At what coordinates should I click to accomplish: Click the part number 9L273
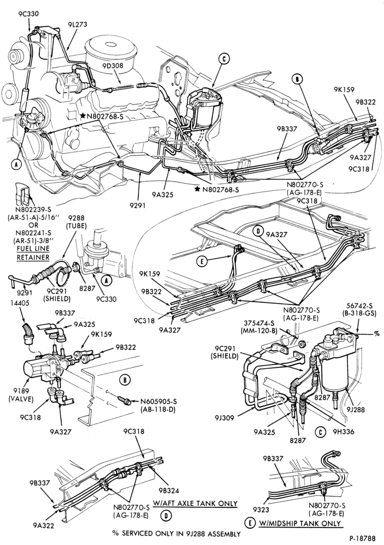pyautogui.click(x=77, y=25)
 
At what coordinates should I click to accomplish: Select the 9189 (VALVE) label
pyautogui.click(x=21, y=395)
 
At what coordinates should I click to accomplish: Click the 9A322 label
pyautogui.click(x=44, y=525)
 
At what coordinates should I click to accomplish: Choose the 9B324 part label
pyautogui.click(x=169, y=491)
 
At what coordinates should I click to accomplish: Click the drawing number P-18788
pyautogui.click(x=362, y=538)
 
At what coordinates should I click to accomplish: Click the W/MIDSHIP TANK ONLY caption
pyautogui.click(x=300, y=523)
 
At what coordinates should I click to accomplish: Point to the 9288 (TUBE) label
pyautogui.click(x=74, y=222)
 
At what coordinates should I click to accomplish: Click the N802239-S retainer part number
pyautogui.click(x=32, y=210)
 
